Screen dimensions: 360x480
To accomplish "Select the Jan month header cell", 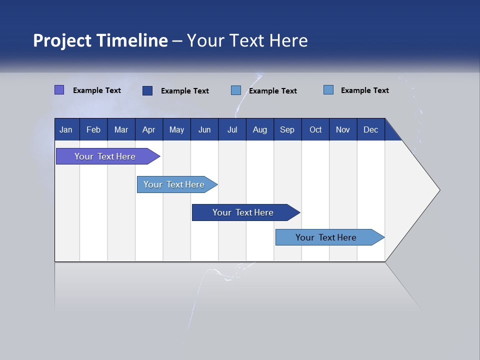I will point(66,129).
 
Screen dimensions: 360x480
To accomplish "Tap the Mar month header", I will point(121,129).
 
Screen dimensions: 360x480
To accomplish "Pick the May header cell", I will point(176,129).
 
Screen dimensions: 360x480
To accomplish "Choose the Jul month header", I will point(232,129).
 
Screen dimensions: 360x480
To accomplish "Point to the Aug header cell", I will point(259,129).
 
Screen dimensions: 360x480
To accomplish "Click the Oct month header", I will point(315,129).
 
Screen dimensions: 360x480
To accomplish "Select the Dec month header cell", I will point(370,129).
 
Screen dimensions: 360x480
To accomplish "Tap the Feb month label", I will point(93,129).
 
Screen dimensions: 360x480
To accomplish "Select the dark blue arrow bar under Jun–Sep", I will point(243,212).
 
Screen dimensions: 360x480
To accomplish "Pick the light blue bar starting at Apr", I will point(174,184).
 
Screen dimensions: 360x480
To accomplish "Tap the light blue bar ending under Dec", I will point(326,237).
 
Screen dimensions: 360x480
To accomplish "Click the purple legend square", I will point(59,90).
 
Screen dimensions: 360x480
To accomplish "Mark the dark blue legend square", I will point(147,90).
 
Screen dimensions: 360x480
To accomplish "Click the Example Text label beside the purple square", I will point(97,90).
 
